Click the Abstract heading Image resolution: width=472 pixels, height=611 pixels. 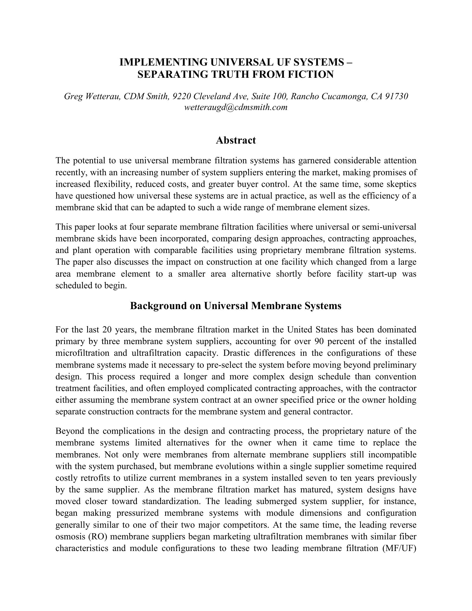(x=236, y=140)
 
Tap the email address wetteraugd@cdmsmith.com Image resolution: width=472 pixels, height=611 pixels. (x=236, y=107)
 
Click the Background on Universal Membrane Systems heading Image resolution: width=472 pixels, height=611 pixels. (x=236, y=306)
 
